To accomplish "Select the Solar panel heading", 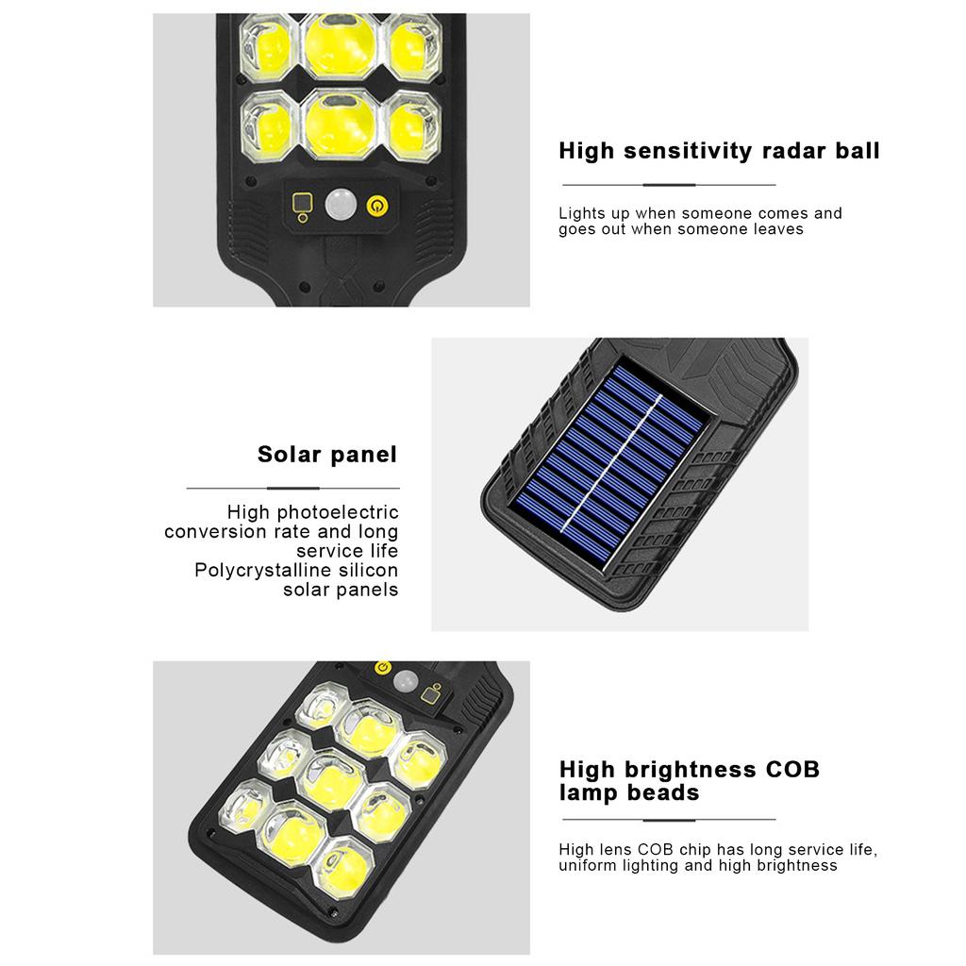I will (327, 455).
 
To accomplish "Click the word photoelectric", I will (338, 512).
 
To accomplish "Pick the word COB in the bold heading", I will (792, 769).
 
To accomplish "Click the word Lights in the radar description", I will (580, 213).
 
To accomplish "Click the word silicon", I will (367, 571).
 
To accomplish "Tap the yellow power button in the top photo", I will (376, 205).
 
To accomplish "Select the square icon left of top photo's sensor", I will (302, 204).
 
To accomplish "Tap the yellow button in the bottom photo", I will (382, 669).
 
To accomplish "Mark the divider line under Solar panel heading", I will (292, 488).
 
